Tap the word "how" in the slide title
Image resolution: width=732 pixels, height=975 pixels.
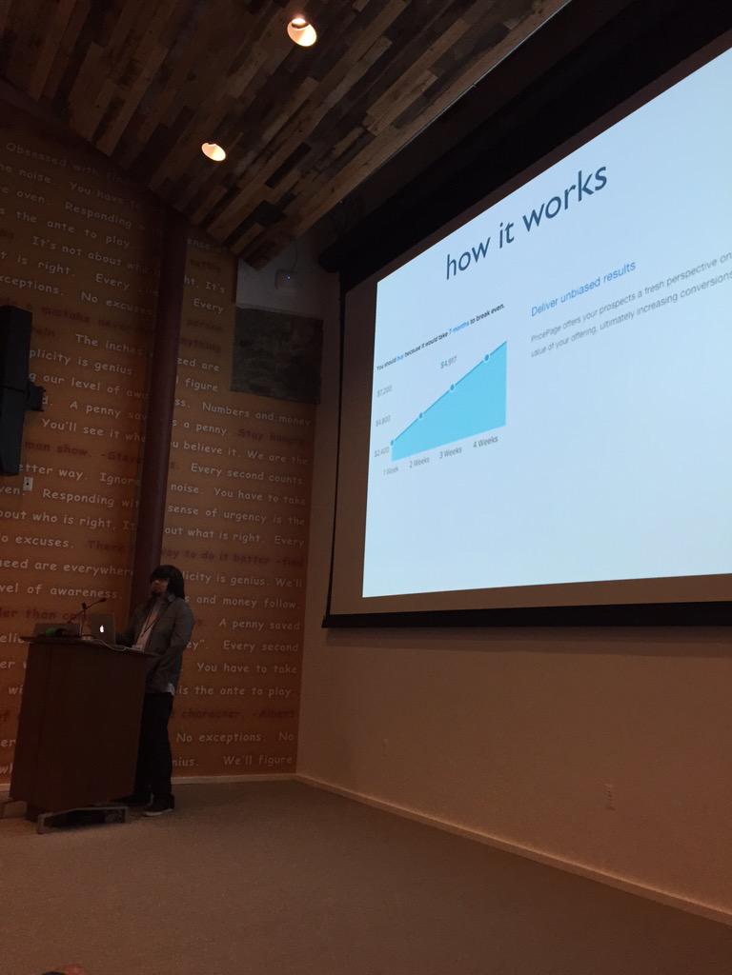tap(470, 253)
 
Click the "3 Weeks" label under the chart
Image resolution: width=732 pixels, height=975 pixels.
tap(451, 450)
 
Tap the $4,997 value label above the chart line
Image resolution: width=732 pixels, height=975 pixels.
tap(449, 363)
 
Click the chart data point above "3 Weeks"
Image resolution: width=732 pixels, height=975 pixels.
tap(452, 388)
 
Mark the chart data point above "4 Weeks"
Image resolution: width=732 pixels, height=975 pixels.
tap(487, 357)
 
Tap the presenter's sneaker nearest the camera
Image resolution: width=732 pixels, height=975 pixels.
tap(157, 807)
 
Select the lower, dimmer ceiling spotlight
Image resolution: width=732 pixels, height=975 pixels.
tap(213, 150)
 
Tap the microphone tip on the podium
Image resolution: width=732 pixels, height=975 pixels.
tap(102, 599)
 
